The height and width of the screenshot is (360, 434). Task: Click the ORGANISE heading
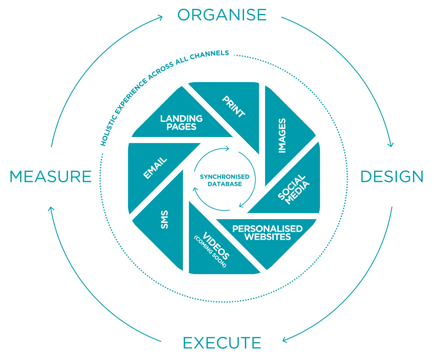point(222,15)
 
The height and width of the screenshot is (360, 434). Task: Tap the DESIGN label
point(392,177)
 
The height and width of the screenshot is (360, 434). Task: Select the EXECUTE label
point(222,343)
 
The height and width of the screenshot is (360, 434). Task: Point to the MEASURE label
point(51,177)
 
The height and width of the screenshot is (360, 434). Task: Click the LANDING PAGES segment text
point(181,123)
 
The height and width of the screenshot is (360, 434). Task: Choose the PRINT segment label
point(234,106)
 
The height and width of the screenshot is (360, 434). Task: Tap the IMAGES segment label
point(282,136)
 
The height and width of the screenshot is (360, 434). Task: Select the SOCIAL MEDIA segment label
point(293,189)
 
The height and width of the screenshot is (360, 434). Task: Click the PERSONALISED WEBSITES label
point(267,233)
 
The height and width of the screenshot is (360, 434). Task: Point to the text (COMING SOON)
point(210,251)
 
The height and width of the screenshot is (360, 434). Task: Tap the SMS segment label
point(165,219)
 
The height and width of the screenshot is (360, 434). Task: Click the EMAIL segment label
point(155,168)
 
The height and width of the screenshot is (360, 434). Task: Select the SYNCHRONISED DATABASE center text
point(225,180)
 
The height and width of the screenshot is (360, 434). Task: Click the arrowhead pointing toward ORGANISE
point(160,18)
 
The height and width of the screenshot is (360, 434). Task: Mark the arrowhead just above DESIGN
point(390,144)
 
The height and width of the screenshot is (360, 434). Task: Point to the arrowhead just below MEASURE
point(51,209)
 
